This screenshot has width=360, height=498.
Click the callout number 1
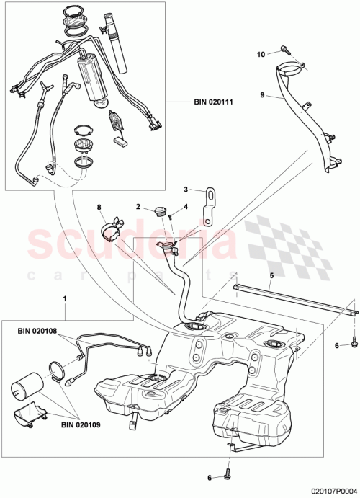point(66,298)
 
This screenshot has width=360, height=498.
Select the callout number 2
point(138,207)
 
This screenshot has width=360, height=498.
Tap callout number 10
point(262,53)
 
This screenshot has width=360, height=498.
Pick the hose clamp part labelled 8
point(109,228)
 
